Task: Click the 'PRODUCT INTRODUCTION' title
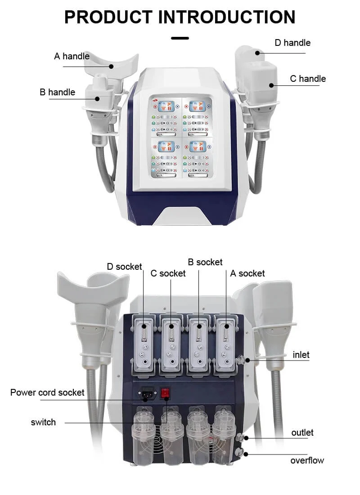[x=180, y=17]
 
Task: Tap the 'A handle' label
[x=72, y=56]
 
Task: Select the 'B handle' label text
[x=57, y=92]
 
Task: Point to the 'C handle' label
[x=307, y=79]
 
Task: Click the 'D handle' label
[x=292, y=43]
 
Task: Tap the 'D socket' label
[x=124, y=267]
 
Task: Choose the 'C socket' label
[x=168, y=273]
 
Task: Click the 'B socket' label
[x=205, y=262]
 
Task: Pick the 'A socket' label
[x=247, y=273]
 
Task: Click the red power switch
[x=166, y=393]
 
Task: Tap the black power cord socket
[x=147, y=393]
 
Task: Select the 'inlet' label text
[x=301, y=355]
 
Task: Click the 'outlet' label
[x=302, y=433]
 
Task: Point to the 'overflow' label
[x=307, y=460]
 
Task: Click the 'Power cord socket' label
[x=47, y=392]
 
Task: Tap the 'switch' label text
[x=43, y=422]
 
